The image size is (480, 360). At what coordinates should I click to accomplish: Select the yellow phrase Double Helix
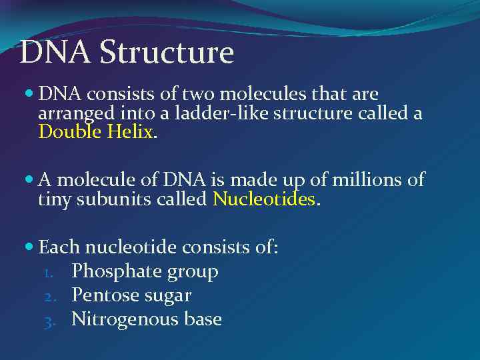click(97, 131)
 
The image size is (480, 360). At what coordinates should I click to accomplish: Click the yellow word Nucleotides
click(263, 199)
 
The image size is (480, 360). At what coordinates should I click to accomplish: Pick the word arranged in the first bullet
click(70, 113)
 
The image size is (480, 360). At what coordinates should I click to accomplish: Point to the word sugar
click(170, 296)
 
